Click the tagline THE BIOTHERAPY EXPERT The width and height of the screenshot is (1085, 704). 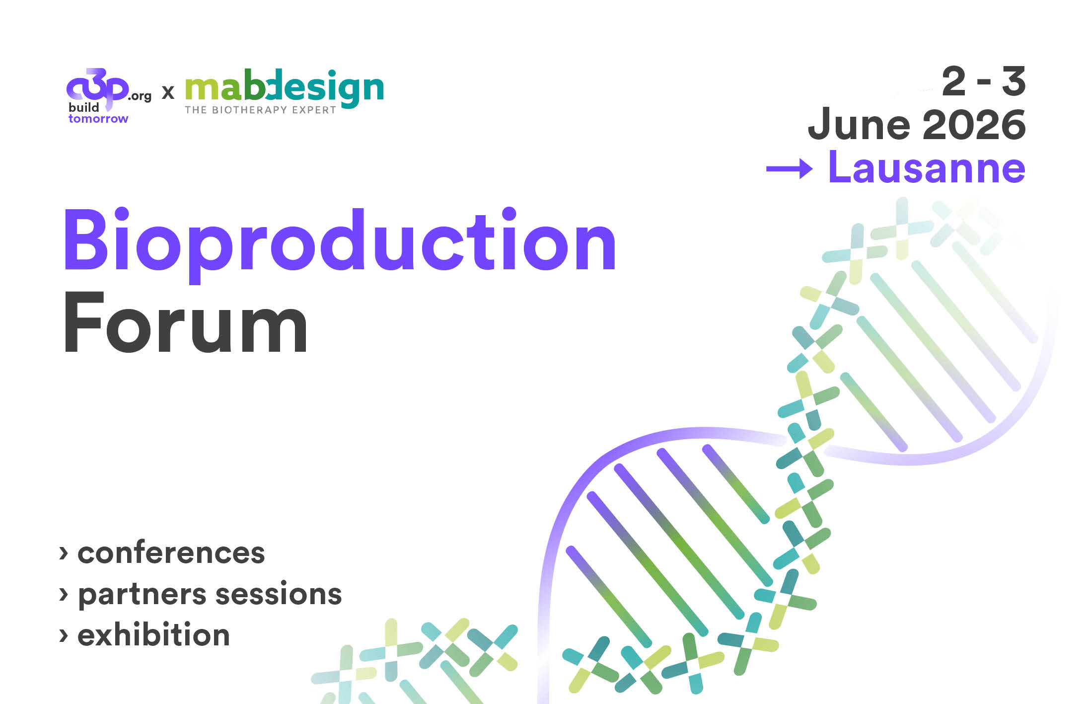[261, 110]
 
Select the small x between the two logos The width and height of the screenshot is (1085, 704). [168, 92]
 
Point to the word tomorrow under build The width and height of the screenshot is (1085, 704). [98, 119]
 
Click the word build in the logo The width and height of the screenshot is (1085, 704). [84, 107]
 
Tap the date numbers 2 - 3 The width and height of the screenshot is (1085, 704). [984, 81]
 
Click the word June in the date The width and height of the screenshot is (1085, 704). [859, 124]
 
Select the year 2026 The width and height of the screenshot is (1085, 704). [974, 124]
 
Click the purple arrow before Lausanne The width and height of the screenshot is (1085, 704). [789, 169]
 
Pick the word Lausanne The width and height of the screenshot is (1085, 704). [927, 167]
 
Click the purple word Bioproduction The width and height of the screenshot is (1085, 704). [340, 243]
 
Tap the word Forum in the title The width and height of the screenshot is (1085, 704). [186, 322]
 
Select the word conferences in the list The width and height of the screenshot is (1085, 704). [171, 552]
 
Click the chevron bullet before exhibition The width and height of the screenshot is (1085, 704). [64, 635]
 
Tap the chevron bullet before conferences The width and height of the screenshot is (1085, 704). [64, 553]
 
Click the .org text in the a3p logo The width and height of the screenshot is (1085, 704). [140, 96]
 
